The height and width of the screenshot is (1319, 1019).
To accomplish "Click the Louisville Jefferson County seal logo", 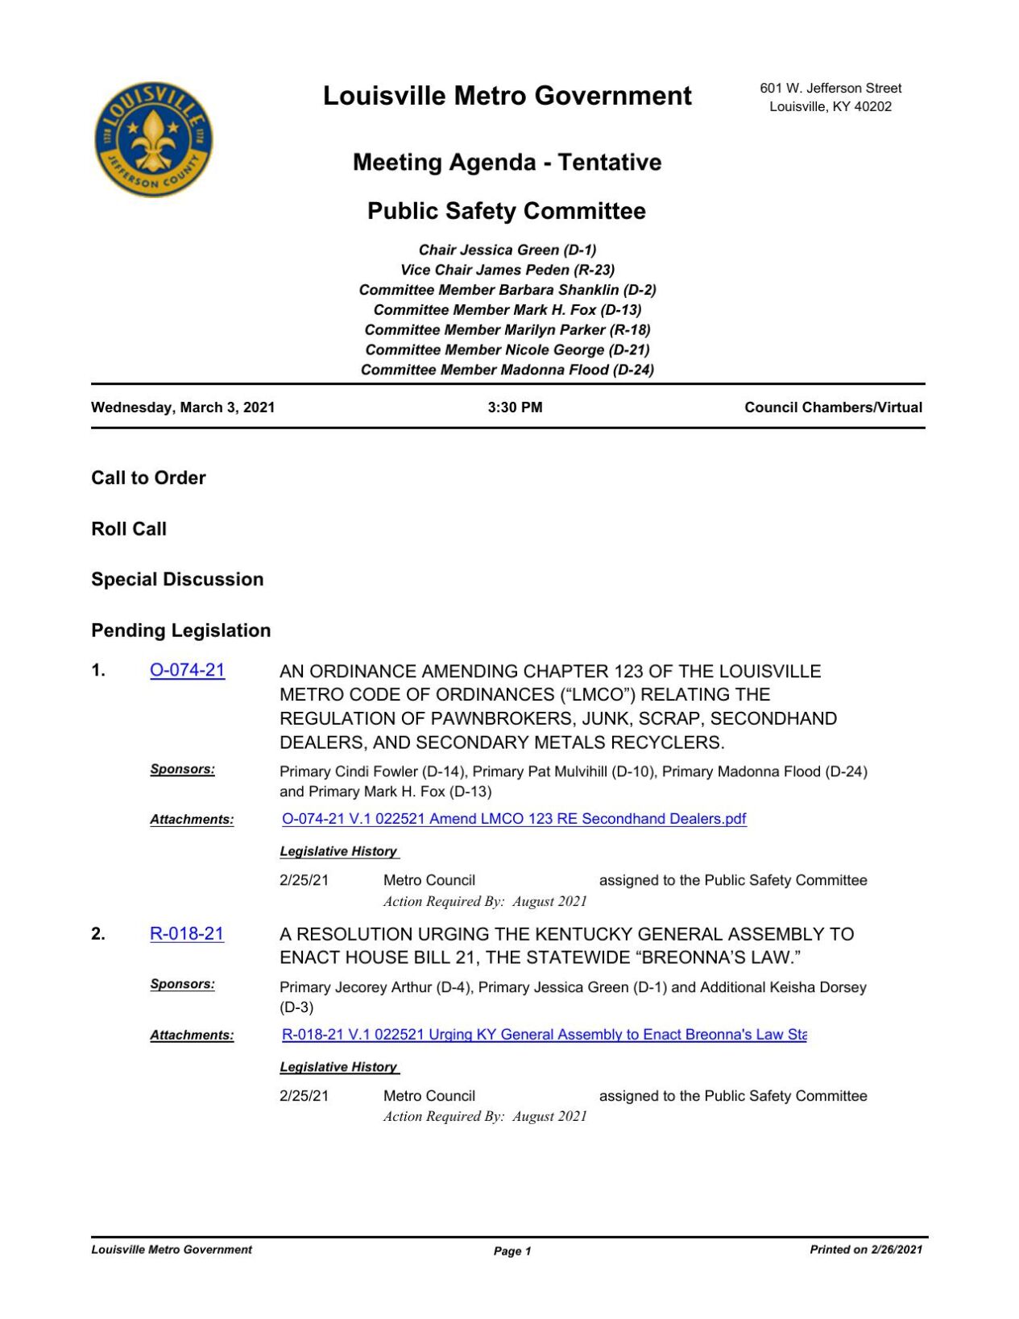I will click(153, 139).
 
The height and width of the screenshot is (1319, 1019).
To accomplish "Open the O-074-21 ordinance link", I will click(187, 670).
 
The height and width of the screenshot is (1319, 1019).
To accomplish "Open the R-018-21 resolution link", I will click(186, 933).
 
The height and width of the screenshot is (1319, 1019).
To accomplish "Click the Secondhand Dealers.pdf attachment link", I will click(514, 819).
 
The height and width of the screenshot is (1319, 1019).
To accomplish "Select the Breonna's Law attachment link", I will click(544, 1034).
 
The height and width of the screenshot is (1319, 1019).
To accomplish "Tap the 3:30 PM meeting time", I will click(515, 407).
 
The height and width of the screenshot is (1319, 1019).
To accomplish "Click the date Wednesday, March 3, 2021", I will click(183, 407).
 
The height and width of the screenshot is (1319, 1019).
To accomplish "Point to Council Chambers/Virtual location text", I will click(833, 407).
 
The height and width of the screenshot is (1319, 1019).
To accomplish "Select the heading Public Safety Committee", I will click(506, 211).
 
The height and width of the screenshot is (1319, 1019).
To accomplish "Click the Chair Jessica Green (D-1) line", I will click(507, 250).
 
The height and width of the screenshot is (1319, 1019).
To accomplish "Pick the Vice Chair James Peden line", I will click(507, 270).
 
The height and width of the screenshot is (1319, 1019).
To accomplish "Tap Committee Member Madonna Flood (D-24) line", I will click(507, 370).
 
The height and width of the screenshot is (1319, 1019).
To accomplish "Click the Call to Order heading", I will click(148, 478).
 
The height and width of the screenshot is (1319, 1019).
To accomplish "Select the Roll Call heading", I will click(129, 529).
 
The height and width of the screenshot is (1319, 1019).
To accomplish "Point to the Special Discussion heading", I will click(177, 579).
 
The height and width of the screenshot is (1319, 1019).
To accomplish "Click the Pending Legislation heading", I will click(180, 631).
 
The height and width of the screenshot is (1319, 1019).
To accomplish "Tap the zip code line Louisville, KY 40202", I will click(830, 106).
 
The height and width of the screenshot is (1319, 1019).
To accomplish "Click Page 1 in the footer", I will click(512, 1251).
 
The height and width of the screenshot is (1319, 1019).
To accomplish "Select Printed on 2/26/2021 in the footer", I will click(865, 1250).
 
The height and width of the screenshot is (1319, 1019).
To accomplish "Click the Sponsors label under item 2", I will click(182, 984).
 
